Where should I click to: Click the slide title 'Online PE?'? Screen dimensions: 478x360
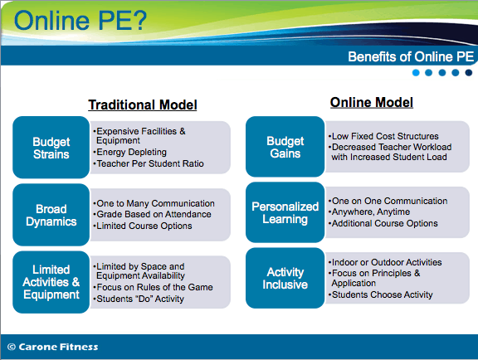coord(80,21)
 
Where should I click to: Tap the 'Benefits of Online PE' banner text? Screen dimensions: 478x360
coord(411,56)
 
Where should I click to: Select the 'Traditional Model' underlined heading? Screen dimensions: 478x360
coord(143,105)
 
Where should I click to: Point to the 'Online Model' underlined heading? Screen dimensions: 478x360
coord(372,102)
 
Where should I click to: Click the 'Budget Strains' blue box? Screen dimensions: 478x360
coord(51,147)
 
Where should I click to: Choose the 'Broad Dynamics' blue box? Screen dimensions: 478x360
coord(51,215)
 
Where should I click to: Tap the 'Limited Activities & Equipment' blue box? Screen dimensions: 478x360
coord(51,282)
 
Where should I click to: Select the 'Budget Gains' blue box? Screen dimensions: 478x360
coord(285,147)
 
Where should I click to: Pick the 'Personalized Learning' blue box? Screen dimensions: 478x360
coord(285,212)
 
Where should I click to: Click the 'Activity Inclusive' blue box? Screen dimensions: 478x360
coord(285,278)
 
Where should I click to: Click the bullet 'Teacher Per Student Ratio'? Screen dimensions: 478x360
coord(149,163)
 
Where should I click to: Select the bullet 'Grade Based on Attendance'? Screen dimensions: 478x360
coord(152,214)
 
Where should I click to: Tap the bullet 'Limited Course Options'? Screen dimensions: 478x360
coord(143,226)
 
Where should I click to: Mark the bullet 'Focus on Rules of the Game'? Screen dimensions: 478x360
coord(153,287)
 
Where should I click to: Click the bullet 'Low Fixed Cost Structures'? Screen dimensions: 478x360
coord(383,136)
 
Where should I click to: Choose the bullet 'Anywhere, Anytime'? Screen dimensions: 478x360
coord(369,212)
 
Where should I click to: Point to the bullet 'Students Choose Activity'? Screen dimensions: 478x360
coord(380,294)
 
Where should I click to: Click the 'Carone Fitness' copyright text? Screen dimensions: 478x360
coord(53,347)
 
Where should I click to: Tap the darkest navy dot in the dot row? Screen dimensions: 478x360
coord(469,72)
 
